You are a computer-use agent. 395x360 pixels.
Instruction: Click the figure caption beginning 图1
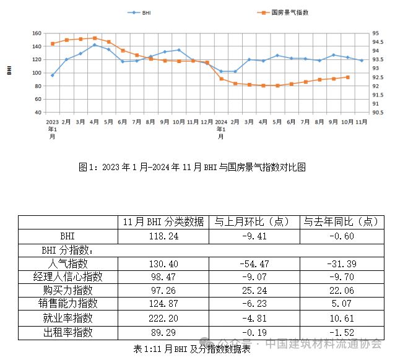tap(193, 167)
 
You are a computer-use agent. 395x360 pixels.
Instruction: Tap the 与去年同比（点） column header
tap(341, 222)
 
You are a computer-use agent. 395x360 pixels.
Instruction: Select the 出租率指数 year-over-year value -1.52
tap(341, 332)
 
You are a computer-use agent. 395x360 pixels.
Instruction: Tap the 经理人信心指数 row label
tap(67, 277)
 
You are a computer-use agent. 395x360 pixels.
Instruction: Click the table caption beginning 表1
tap(192, 348)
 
